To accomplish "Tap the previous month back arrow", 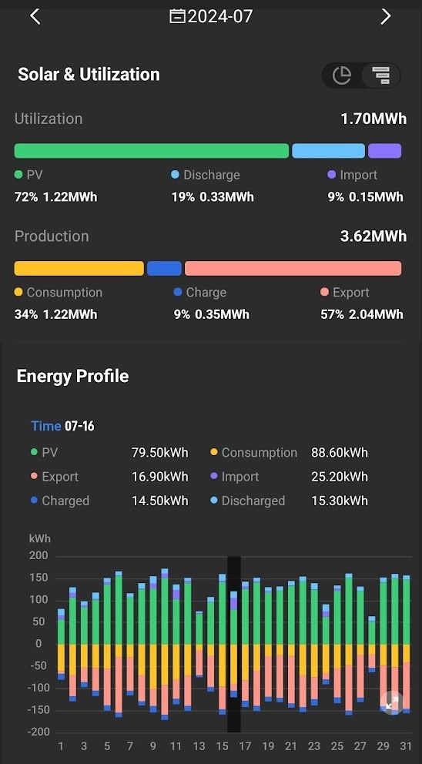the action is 35,17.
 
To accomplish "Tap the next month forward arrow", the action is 386,17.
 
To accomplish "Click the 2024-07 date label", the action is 220,17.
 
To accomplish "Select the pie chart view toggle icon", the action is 342,75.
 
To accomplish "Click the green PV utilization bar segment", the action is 152,150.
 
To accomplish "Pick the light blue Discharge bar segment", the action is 329,150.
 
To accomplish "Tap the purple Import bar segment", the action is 384,150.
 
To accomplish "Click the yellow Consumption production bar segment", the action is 79,269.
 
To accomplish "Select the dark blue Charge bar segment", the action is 164,269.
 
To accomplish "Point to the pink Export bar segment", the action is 293,269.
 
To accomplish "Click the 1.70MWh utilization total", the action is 373,119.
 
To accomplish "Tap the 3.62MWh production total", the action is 373,236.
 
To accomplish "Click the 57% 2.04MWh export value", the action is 362,314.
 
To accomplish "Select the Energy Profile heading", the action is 72,376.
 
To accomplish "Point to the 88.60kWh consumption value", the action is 340,453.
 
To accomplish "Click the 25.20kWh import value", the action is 340,477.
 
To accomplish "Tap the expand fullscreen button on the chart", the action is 392,702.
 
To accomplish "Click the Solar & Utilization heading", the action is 89,75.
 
